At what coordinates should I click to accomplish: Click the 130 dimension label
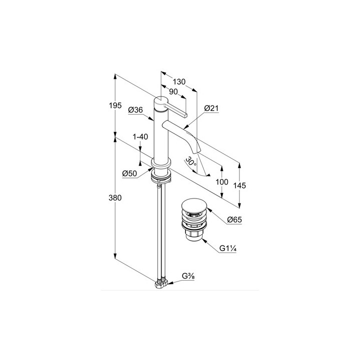tap(179, 81)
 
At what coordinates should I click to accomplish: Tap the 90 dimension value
tap(173, 91)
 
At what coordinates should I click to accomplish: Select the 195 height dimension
tap(115, 105)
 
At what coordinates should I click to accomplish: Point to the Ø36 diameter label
tap(135, 109)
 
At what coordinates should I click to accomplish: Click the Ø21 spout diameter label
tap(211, 108)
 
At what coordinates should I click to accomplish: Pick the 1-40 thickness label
tap(140, 136)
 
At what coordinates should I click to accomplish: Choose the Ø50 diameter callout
tap(129, 173)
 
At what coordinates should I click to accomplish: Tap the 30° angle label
tap(191, 161)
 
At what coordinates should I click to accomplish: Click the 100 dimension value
tap(222, 182)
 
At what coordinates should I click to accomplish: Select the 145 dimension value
tap(239, 185)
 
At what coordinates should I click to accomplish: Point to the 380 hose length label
tap(115, 197)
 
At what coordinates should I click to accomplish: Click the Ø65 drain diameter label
tap(234, 219)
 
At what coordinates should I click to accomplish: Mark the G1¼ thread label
tap(228, 248)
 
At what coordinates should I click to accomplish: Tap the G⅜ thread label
tap(188, 276)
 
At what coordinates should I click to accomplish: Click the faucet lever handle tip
tap(185, 115)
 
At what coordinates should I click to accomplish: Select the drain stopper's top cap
tap(194, 205)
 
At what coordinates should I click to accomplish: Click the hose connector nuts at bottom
tap(161, 283)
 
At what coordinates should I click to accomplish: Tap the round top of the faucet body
tap(161, 100)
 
